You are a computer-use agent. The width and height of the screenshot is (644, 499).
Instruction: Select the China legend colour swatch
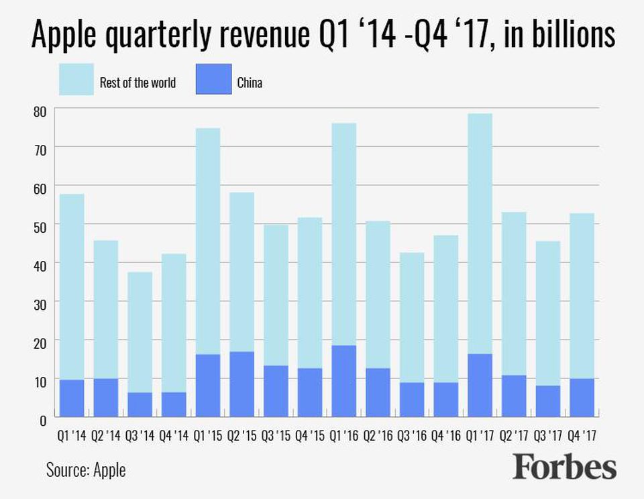(x=214, y=79)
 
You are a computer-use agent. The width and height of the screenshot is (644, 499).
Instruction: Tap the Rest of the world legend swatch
(x=76, y=79)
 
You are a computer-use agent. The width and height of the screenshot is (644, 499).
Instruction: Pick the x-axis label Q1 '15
(x=208, y=435)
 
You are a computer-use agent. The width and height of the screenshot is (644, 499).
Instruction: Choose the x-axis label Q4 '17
(x=582, y=435)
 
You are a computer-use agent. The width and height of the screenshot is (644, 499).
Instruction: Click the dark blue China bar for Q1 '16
(x=344, y=381)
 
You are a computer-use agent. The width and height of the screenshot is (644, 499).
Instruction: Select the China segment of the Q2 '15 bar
(x=241, y=384)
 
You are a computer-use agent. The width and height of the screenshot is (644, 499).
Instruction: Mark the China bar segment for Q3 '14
(x=140, y=404)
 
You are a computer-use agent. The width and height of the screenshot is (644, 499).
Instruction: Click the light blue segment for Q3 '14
(x=140, y=332)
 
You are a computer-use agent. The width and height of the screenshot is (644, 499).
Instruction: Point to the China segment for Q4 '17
(x=582, y=398)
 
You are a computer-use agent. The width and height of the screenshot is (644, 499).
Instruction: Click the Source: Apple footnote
(x=86, y=469)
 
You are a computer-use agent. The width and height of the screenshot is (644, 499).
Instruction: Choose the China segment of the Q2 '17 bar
(x=514, y=396)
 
